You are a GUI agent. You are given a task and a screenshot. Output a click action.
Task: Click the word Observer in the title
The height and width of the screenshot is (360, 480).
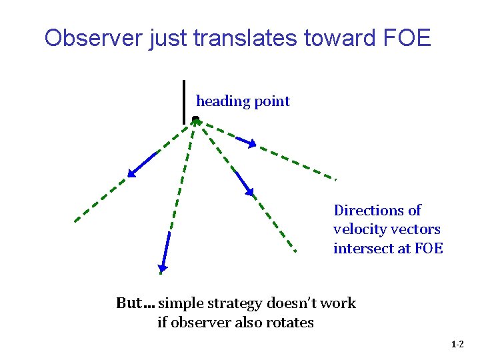(87, 38)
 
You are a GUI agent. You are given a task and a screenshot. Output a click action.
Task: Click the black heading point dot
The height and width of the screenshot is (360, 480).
(195, 119)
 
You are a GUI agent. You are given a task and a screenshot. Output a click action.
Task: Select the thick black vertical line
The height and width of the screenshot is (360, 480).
(184, 101)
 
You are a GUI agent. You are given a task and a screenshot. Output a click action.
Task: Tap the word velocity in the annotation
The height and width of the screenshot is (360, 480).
(359, 229)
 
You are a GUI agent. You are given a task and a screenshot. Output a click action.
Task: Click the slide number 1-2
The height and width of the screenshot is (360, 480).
(457, 345)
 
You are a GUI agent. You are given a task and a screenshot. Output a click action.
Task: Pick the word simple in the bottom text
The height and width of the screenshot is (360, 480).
(182, 304)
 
